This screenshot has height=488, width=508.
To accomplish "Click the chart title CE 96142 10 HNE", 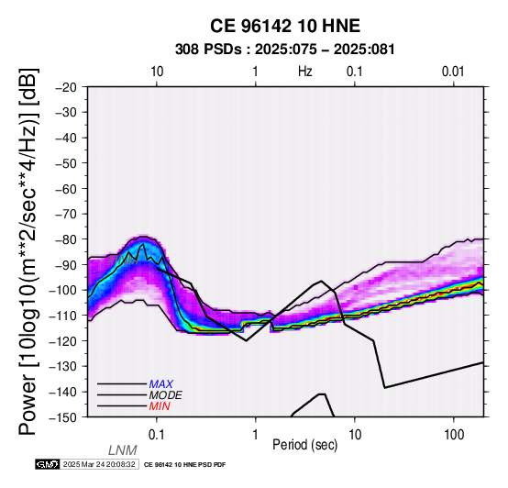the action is [285, 26].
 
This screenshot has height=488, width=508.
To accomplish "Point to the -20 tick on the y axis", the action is [66, 87].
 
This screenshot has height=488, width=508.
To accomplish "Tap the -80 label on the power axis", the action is [66, 239].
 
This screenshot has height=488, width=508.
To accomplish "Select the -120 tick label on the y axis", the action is [63, 341].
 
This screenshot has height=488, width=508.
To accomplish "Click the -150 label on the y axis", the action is [63, 417].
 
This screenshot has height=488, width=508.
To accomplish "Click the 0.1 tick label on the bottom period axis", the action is [157, 435].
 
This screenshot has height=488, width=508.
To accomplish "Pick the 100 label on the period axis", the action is [454, 435].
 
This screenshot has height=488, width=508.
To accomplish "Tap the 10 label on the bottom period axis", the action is [355, 435].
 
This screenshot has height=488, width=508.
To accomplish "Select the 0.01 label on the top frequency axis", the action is [453, 72].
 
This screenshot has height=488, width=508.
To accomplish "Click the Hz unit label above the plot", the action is [304, 72].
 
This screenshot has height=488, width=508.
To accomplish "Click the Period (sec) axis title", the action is [304, 445].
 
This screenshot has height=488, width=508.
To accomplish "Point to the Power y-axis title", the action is [28, 251].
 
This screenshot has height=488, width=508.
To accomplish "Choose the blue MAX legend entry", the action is [161, 384].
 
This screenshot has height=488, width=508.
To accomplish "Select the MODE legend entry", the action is [166, 395].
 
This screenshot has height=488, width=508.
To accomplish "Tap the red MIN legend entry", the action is [160, 406].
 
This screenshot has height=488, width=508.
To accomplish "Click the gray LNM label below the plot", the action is [123, 450].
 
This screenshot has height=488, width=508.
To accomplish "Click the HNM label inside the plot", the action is [124, 260].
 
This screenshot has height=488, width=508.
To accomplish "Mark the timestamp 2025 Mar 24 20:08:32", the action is [99, 464].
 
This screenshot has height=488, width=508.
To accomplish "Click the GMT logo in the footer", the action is [48, 464].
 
